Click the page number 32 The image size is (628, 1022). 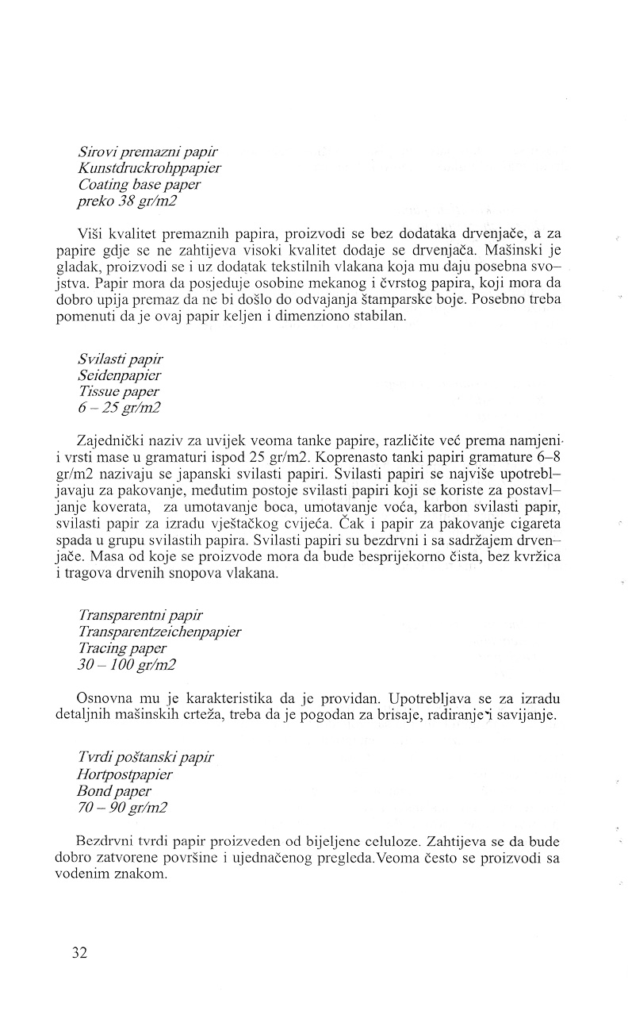click(x=78, y=952)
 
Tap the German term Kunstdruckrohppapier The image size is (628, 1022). click(x=150, y=168)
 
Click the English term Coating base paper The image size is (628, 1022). click(x=140, y=185)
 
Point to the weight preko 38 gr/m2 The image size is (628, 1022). click(x=127, y=202)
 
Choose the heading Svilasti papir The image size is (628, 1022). click(x=121, y=359)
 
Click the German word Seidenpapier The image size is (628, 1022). click(x=120, y=375)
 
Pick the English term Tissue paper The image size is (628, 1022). click(x=118, y=392)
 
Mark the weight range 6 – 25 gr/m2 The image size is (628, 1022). click(x=122, y=409)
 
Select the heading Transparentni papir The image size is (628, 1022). click(x=140, y=615)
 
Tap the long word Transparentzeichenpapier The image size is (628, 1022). click(x=159, y=632)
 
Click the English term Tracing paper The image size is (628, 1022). click(x=122, y=648)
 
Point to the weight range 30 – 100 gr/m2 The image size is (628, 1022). click(x=127, y=665)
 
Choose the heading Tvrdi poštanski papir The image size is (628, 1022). click(x=146, y=757)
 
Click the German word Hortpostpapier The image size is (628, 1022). click(x=130, y=774)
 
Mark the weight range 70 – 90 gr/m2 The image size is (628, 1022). click(x=122, y=807)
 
